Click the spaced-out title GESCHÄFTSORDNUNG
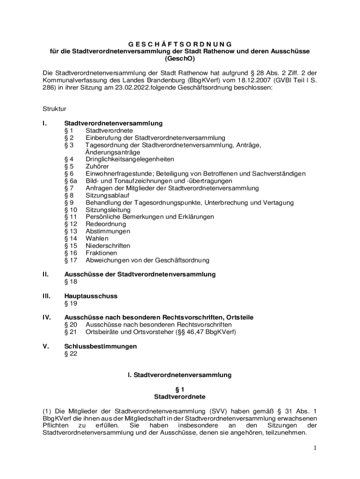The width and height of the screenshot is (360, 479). (x=180, y=44)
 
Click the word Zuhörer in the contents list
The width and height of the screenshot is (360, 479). (x=97, y=167)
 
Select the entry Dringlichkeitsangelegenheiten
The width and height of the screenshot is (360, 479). (x=130, y=159)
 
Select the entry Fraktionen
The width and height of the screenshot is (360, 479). (x=101, y=253)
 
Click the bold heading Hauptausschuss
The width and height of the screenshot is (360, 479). (x=91, y=296)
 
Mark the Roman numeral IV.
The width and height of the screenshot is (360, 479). (x=47, y=318)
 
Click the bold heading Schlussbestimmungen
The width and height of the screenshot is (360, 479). (x=101, y=347)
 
